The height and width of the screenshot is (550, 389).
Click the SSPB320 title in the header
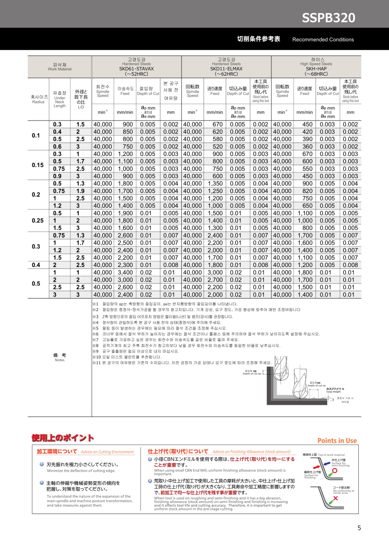(328, 18)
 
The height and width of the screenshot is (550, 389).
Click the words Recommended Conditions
(323, 39)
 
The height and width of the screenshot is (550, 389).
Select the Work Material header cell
(60, 67)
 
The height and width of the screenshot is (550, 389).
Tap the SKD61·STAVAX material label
(137, 69)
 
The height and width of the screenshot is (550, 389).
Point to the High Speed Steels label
(316, 64)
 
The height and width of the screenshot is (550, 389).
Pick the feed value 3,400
(125, 273)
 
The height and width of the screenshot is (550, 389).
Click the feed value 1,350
(215, 184)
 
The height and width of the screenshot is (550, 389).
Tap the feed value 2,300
(125, 265)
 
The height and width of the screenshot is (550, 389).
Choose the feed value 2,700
(215, 280)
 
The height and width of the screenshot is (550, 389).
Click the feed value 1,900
(125, 213)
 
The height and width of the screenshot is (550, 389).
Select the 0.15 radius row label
(38, 165)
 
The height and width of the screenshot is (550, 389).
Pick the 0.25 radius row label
(38, 220)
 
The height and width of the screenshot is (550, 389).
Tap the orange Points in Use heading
(337, 441)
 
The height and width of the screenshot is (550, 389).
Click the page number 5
(359, 528)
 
